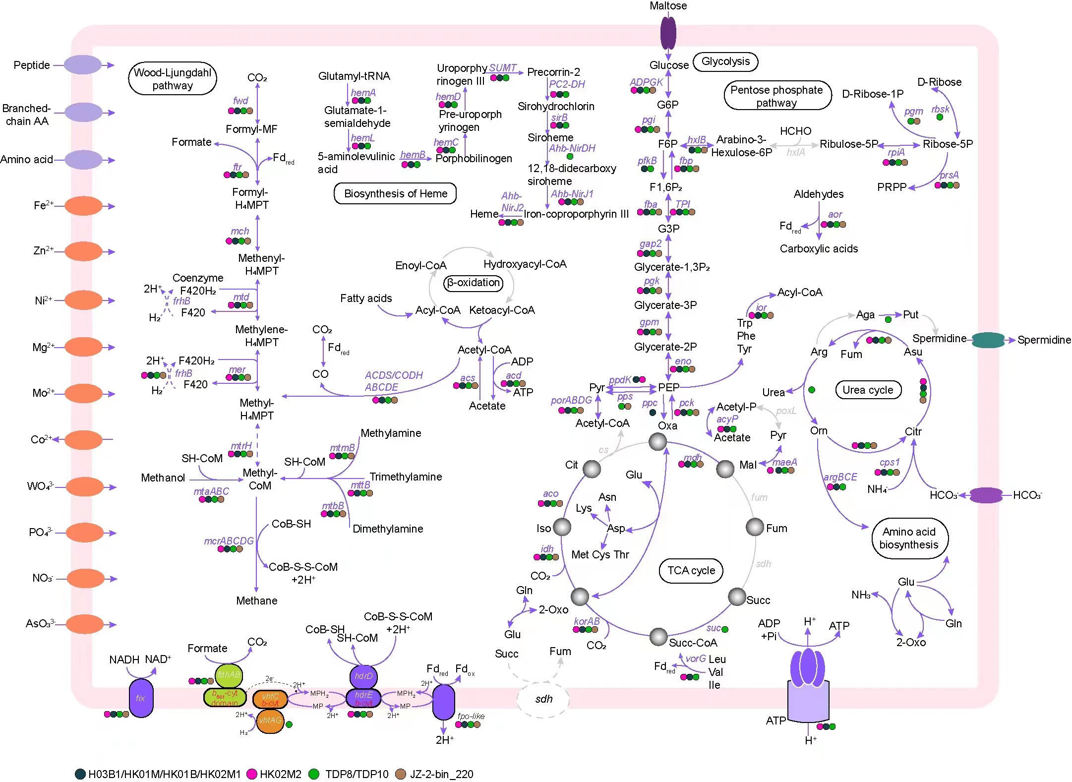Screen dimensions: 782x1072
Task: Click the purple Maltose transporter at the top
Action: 668,33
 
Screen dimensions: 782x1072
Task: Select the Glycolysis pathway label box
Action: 725,61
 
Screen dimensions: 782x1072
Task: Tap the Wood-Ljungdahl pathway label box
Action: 172,79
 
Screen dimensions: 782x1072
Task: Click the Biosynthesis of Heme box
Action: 395,193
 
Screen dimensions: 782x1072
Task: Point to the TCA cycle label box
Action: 691,570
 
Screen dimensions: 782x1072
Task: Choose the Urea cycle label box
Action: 868,390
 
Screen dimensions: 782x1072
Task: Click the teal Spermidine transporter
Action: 988,340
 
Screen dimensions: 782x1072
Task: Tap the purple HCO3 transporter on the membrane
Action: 986,495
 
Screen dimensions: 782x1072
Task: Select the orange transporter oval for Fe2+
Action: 83,206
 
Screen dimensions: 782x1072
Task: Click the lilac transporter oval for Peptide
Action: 82,65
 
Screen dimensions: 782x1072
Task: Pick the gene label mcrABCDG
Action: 229,541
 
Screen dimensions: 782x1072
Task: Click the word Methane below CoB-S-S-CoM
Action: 256,601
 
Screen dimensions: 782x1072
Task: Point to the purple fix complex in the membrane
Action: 141,698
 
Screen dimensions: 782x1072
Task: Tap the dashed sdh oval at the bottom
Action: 543,699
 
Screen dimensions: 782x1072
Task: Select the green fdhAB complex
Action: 229,675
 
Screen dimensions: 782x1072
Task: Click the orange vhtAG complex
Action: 270,721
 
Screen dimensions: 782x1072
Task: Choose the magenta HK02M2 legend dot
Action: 252,774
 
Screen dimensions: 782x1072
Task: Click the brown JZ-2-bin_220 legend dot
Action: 401,774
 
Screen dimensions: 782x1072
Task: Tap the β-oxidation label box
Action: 473,283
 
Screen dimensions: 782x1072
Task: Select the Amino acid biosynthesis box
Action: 909,539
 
